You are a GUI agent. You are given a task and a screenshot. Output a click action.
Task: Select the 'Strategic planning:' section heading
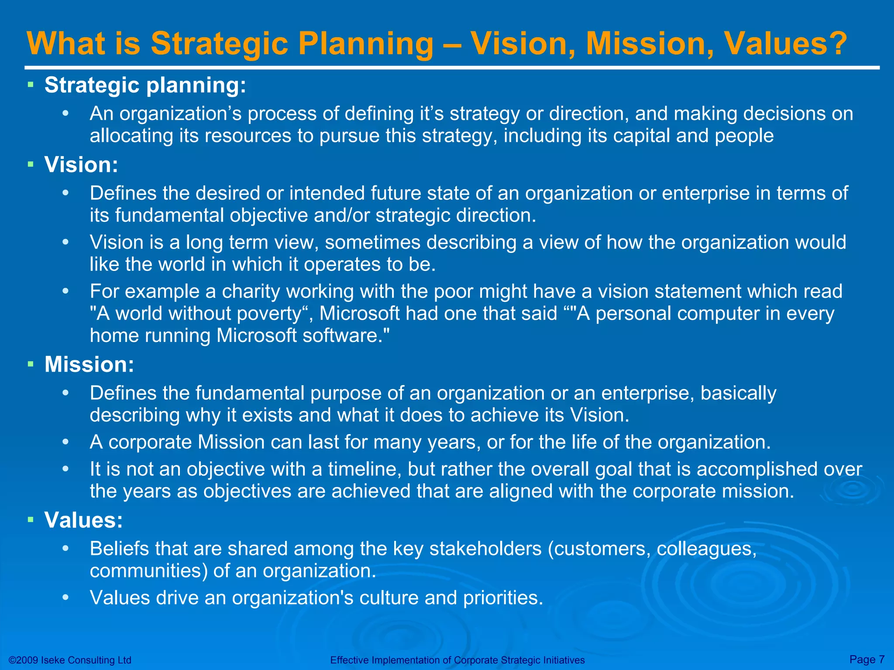pyautogui.click(x=145, y=85)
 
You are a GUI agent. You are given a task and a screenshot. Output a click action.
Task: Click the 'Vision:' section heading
pyautogui.click(x=81, y=165)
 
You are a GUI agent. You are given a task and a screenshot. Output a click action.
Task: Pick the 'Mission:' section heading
pyautogui.click(x=89, y=364)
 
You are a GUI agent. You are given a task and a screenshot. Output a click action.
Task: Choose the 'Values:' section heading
pyautogui.click(x=83, y=520)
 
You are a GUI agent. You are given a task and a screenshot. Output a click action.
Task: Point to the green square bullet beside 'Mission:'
pyautogui.click(x=30, y=364)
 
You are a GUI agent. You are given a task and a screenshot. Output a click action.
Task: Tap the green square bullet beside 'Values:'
pyautogui.click(x=30, y=520)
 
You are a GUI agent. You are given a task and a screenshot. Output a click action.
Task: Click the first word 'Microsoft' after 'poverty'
pyautogui.click(x=360, y=313)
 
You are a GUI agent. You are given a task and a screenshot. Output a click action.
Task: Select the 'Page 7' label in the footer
pyautogui.click(x=867, y=659)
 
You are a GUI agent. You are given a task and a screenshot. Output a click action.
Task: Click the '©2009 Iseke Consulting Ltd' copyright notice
pyautogui.click(x=70, y=660)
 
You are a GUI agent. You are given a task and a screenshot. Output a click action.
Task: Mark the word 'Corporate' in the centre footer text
pyautogui.click(x=476, y=660)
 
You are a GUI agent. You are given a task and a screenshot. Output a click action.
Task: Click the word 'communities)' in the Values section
pyautogui.click(x=149, y=571)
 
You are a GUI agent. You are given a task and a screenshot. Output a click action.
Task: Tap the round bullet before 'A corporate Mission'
pyautogui.click(x=65, y=442)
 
